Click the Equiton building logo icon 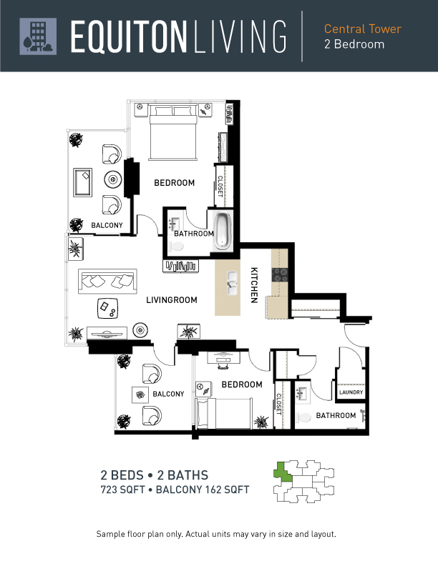click(x=38, y=36)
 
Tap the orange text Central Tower click(x=362, y=29)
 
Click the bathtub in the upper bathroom click(x=223, y=231)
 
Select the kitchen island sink click(x=232, y=284)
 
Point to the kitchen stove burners click(x=280, y=274)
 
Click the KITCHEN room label click(x=254, y=285)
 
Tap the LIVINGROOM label click(x=172, y=300)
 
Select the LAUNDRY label click(x=351, y=392)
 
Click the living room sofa click(x=107, y=281)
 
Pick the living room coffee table click(x=107, y=308)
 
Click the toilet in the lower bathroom click(x=304, y=417)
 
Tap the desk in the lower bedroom click(x=224, y=357)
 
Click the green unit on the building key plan click(x=283, y=471)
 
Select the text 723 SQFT click(x=122, y=490)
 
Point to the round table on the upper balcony click(x=113, y=179)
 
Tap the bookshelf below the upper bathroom click(x=180, y=266)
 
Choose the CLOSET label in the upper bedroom click(x=220, y=187)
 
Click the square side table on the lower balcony click(x=140, y=394)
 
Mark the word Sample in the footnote click(x=110, y=534)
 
